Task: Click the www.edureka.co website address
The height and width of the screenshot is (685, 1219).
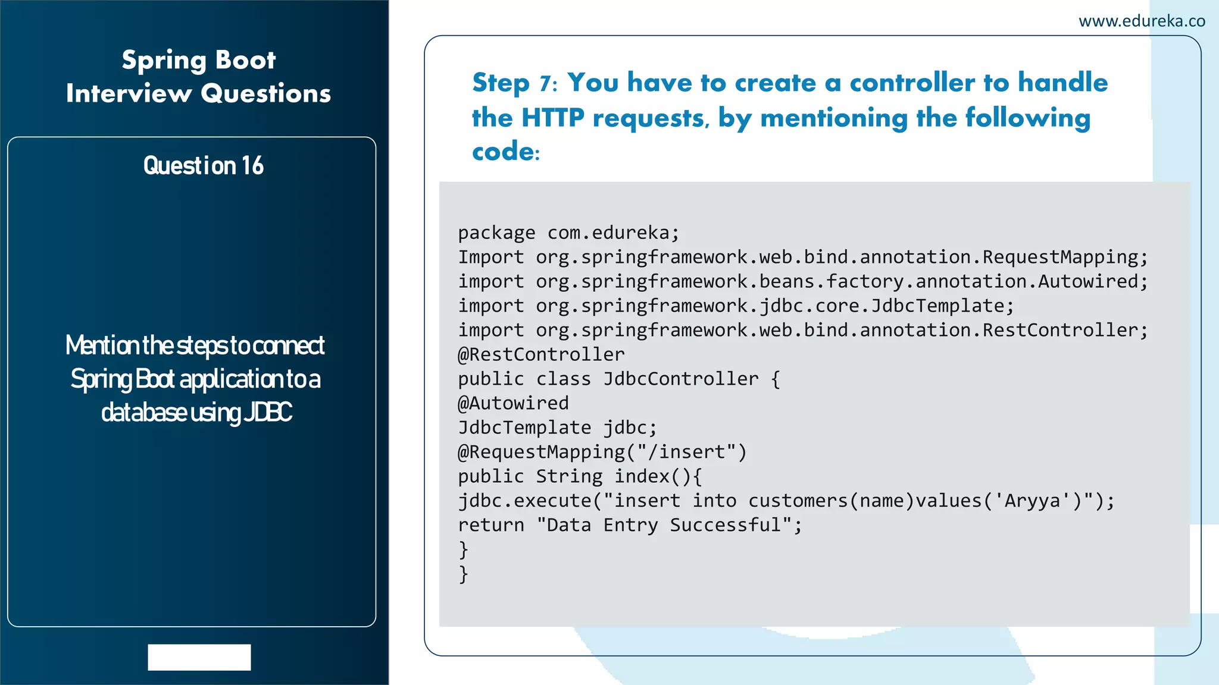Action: [1142, 21]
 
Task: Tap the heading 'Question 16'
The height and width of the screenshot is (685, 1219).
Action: [203, 165]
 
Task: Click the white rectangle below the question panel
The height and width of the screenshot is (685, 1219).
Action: [199, 657]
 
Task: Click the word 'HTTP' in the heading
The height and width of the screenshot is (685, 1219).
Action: [553, 118]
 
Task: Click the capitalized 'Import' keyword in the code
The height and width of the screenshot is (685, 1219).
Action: [491, 257]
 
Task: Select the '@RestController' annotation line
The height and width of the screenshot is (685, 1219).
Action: [541, 354]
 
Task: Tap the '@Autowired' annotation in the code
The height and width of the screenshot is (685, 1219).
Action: [513, 403]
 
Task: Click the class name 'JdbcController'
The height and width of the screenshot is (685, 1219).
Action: [681, 379]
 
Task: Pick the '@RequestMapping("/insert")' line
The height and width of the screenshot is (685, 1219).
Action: [602, 452]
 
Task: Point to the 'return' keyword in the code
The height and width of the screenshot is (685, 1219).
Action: [491, 525]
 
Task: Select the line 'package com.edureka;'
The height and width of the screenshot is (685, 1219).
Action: [568, 232]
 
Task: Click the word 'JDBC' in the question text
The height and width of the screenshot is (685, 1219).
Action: [268, 412]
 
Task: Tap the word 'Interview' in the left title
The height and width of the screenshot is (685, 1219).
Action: [129, 93]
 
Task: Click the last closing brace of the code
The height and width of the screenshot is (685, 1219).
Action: [464, 574]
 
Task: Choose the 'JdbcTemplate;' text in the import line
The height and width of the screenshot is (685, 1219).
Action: [942, 306]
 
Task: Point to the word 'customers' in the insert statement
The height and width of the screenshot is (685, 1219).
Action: [798, 501]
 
